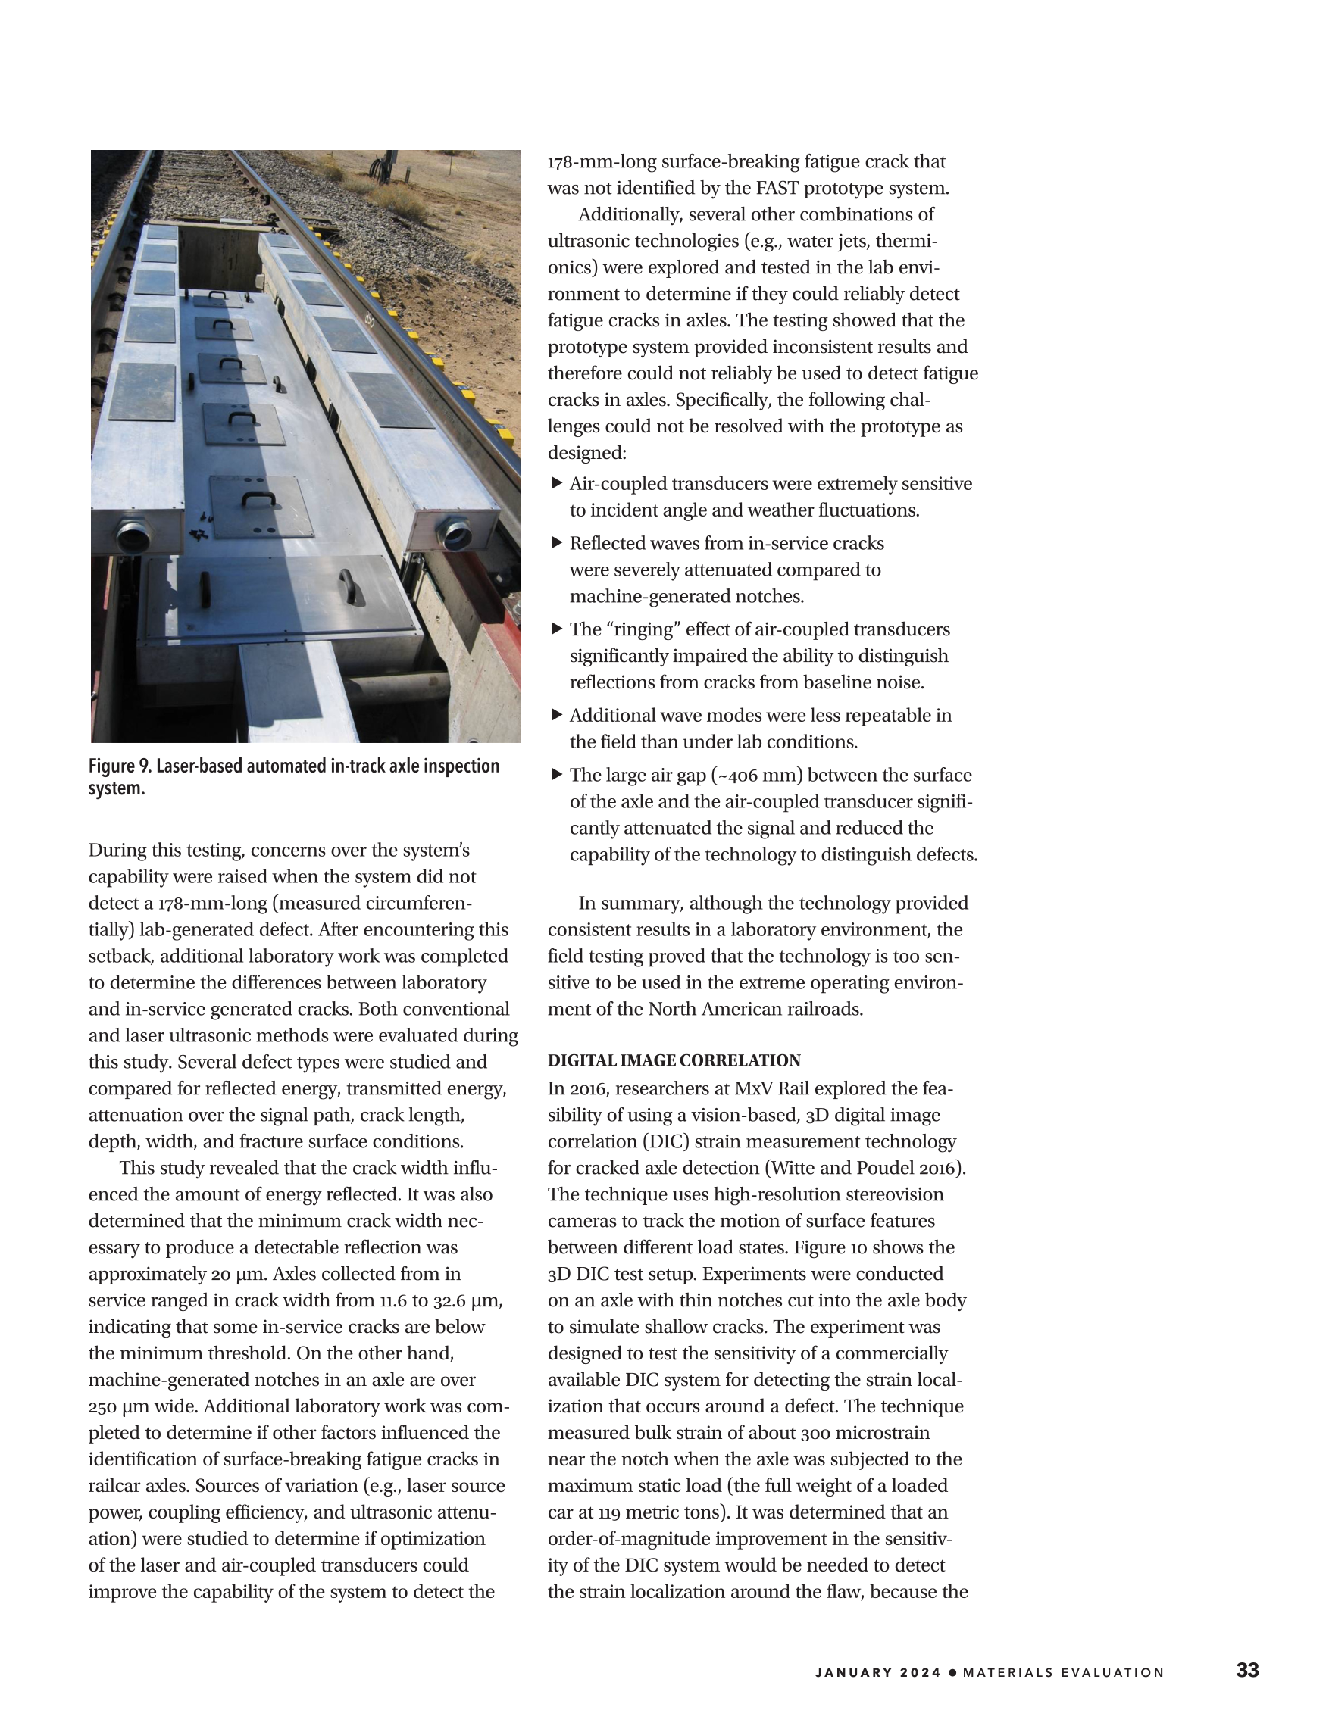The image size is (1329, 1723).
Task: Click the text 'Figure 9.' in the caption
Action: [x=120, y=766]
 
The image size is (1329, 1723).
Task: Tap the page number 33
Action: [x=1247, y=1670]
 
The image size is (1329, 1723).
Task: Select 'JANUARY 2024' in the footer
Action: [x=877, y=1672]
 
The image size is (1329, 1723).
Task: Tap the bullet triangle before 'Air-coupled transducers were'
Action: [x=556, y=483]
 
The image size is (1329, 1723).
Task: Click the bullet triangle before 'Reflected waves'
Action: [x=556, y=543]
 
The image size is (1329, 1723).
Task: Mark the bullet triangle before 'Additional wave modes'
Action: [x=556, y=715]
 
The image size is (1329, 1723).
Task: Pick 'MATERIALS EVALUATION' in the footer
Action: [x=1063, y=1672]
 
